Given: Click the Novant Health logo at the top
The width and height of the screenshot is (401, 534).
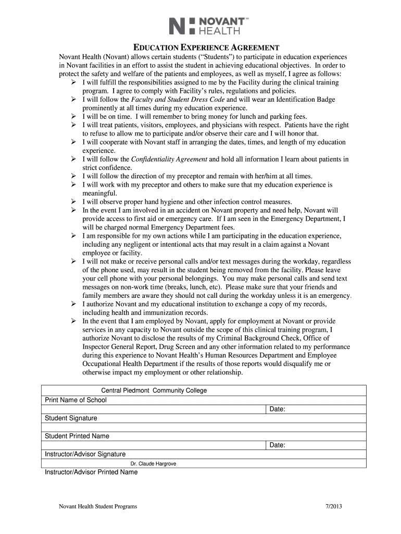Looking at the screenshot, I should pyautogui.click(x=209, y=26).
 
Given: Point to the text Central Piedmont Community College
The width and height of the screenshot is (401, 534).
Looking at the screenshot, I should pyautogui.click(x=154, y=391).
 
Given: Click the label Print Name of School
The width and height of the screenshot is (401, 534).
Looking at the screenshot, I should pyautogui.click(x=76, y=400).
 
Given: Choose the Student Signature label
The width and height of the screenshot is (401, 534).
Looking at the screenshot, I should pyautogui.click(x=71, y=418).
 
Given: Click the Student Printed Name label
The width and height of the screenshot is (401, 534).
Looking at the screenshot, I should pyautogui.click(x=77, y=436).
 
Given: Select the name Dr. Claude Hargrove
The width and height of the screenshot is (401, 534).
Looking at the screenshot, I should pyautogui.click(x=153, y=463).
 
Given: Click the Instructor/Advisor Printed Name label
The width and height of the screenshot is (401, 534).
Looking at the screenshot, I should pyautogui.click(x=91, y=472).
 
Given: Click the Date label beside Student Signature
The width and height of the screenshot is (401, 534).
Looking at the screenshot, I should pyautogui.click(x=277, y=409).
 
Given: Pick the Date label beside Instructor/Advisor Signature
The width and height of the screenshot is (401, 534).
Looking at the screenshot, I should pyautogui.click(x=277, y=445).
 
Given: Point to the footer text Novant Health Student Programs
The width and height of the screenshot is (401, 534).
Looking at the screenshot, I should pyautogui.click(x=98, y=507).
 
